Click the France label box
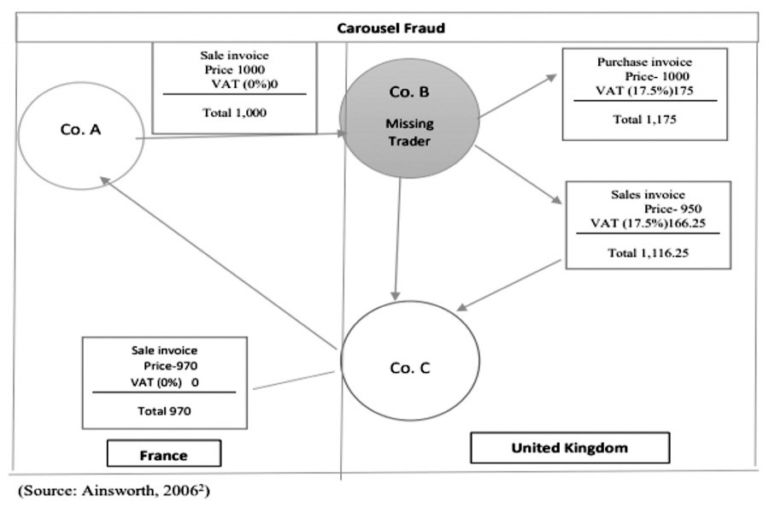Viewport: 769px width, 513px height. tap(163, 456)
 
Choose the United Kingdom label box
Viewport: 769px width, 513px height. tap(570, 448)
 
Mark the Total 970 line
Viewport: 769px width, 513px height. tap(165, 410)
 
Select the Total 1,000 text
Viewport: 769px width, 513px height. tap(234, 111)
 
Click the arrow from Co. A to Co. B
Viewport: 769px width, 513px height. tap(239, 135)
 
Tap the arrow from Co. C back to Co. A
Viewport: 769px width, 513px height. tap(218, 261)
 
